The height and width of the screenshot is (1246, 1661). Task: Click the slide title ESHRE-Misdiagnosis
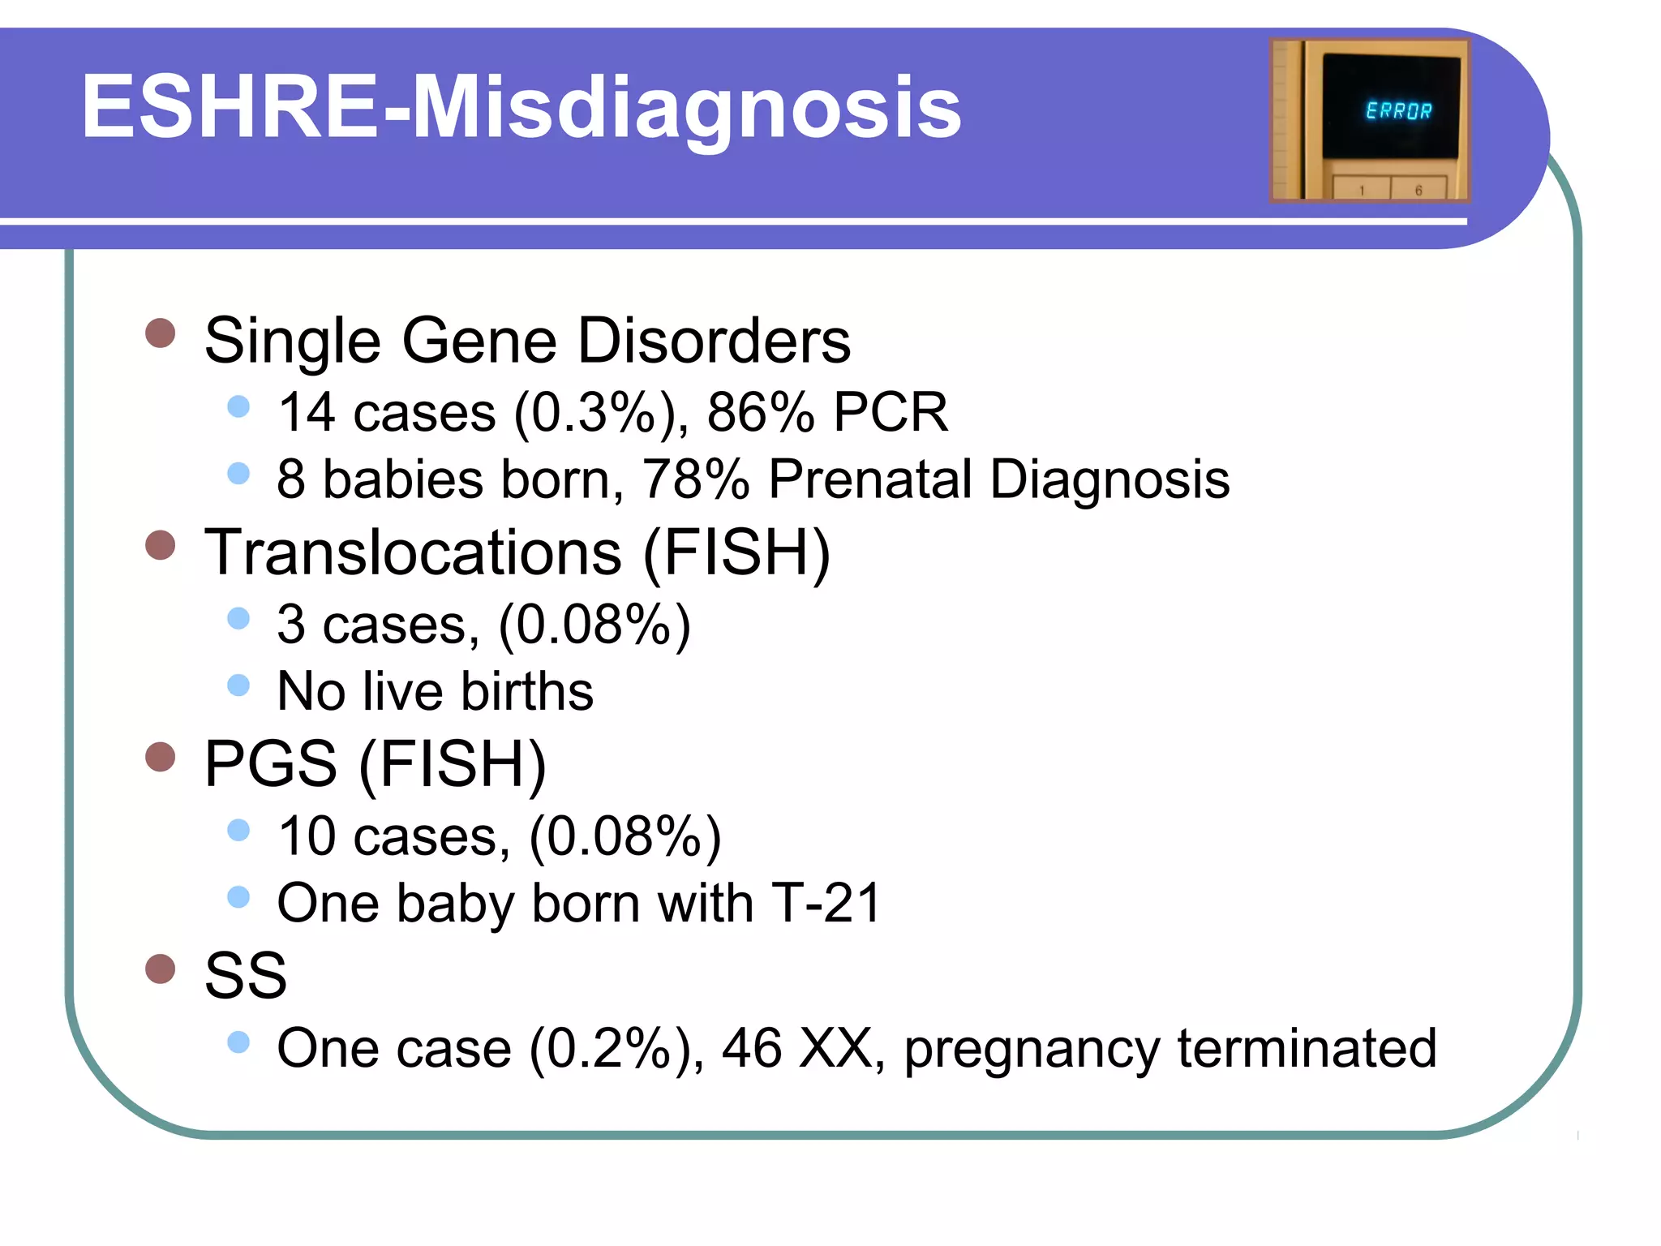(x=521, y=108)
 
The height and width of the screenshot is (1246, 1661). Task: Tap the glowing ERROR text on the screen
(x=1398, y=110)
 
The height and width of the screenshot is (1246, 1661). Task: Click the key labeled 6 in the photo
(x=1419, y=190)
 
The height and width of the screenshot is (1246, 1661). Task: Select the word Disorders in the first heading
(x=714, y=341)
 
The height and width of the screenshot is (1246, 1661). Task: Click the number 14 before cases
(x=307, y=412)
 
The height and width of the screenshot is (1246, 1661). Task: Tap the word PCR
(x=891, y=412)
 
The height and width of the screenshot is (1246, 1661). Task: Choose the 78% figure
(x=696, y=479)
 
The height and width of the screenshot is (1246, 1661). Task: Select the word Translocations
(x=412, y=552)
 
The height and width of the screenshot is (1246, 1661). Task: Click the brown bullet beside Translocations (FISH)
(x=161, y=545)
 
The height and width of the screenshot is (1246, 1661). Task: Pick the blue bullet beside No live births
(x=238, y=685)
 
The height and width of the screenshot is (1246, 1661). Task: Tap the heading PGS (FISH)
(x=375, y=763)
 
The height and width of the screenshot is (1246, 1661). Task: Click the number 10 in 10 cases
(x=307, y=836)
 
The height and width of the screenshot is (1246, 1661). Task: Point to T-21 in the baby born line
(x=825, y=903)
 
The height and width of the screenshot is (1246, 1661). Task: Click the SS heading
(x=245, y=975)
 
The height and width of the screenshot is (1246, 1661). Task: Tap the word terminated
(x=1307, y=1048)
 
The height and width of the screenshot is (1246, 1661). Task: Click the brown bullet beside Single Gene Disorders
(x=161, y=333)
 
